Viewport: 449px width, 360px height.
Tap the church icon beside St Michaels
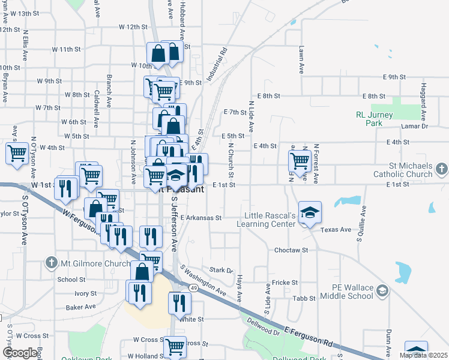tap(442, 170)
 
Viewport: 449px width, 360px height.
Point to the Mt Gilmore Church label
tap(88, 262)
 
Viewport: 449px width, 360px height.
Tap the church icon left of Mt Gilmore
tap(51, 262)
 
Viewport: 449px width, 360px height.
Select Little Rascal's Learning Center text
tap(270, 220)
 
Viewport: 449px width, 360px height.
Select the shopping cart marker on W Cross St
tap(175, 346)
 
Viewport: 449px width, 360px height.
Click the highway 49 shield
tap(193, 288)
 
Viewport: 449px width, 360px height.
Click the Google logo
tap(20, 353)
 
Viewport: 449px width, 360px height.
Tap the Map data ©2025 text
tap(423, 355)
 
